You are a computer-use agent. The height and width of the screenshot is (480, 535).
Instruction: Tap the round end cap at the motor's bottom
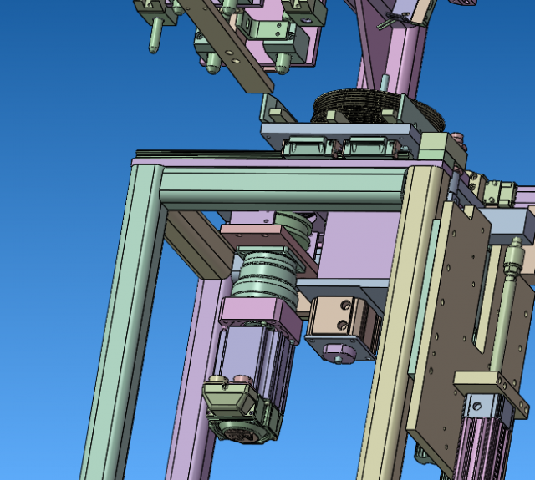click(x=243, y=430)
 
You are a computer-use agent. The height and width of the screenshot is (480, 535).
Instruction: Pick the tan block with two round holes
click(x=342, y=318)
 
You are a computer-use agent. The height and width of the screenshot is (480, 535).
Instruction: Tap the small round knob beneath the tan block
click(x=338, y=359)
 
